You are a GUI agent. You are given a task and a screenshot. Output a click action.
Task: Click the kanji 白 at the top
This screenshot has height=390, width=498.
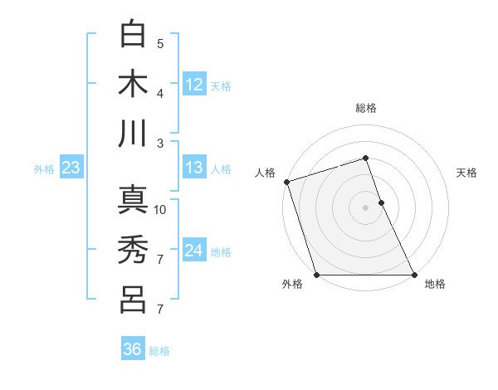[133, 35]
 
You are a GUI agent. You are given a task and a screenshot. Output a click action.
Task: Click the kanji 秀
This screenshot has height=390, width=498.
[133, 250]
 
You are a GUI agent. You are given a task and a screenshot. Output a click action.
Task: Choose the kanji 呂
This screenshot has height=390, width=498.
[133, 299]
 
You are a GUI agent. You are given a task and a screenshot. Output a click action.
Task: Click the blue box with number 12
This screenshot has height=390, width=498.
[194, 84]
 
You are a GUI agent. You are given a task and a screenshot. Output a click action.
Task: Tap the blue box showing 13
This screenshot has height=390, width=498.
[194, 168]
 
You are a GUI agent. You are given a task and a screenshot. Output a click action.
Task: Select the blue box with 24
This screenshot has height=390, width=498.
[194, 250]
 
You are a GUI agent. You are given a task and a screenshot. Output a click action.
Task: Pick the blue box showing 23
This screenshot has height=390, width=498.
[71, 168]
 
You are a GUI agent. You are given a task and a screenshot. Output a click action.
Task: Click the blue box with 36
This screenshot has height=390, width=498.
[133, 349]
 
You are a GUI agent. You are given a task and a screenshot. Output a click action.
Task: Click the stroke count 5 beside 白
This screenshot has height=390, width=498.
[160, 44]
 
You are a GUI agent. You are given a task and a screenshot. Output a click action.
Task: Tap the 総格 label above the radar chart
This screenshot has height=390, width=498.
[365, 108]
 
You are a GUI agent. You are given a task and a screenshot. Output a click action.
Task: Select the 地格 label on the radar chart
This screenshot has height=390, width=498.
[435, 285]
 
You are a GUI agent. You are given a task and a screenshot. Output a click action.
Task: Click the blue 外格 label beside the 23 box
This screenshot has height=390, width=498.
[44, 169]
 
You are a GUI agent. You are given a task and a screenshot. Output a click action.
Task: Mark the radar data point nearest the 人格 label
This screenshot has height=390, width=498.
[286, 182]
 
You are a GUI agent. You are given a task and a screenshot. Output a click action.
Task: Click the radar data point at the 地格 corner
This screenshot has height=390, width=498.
[414, 275]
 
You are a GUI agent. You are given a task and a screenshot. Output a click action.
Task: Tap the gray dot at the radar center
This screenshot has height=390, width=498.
[365, 207]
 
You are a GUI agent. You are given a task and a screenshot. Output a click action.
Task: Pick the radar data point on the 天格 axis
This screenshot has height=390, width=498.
[381, 202]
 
